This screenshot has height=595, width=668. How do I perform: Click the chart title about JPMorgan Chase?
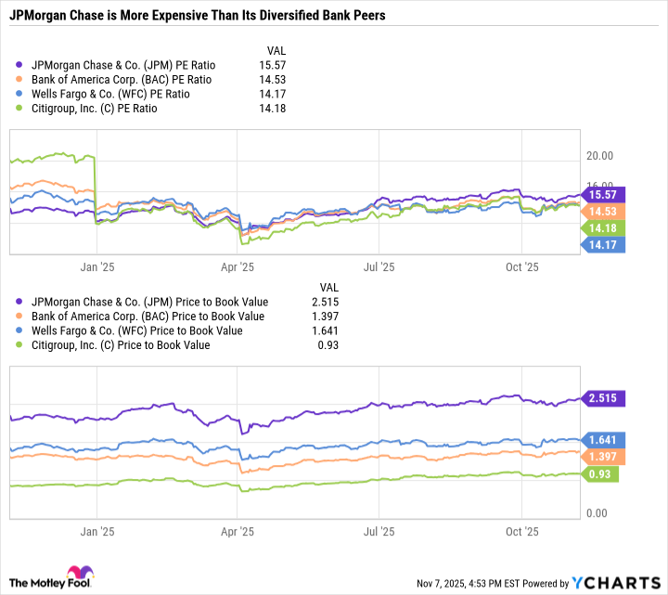[x=198, y=16]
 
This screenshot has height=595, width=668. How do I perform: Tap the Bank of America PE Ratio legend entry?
[x=114, y=80]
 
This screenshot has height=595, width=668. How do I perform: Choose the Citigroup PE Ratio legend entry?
[x=94, y=109]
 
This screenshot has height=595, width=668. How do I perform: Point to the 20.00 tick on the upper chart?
[x=601, y=156]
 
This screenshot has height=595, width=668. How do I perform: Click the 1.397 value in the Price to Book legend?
[x=330, y=317]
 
